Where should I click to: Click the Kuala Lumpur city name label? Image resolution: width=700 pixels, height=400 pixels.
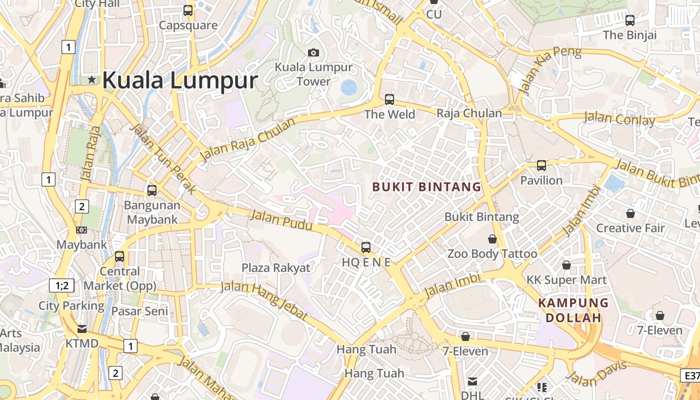tap(180, 80)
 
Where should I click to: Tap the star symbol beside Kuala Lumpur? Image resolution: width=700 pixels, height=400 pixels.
tap(91, 79)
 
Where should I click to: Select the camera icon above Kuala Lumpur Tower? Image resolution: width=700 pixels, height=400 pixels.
tap(313, 52)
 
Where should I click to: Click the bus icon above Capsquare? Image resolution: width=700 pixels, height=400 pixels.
tap(188, 10)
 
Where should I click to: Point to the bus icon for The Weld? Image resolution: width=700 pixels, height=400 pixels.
tap(389, 99)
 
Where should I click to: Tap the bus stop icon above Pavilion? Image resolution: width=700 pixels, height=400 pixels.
tap(541, 165)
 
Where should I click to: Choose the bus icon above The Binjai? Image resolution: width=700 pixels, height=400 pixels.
tap(630, 20)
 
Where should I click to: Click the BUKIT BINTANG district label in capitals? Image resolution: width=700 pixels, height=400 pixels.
tap(427, 187)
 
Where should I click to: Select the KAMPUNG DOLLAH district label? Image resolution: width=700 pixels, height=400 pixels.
tap(573, 310)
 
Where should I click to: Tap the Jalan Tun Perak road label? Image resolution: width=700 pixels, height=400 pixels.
tap(163, 157)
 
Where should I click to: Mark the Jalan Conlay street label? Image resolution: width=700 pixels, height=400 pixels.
tap(619, 119)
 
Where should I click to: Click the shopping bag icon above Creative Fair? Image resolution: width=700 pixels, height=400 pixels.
tap(630, 213)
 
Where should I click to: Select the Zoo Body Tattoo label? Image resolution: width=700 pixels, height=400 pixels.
tap(492, 253)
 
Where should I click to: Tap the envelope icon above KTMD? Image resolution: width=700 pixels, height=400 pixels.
tap(81, 329)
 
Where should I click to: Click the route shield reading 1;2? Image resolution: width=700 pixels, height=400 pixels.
tap(62, 285)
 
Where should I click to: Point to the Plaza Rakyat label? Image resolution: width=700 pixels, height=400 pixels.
tap(276, 267)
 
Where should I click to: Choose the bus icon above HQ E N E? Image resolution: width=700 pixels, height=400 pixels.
tap(366, 247)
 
